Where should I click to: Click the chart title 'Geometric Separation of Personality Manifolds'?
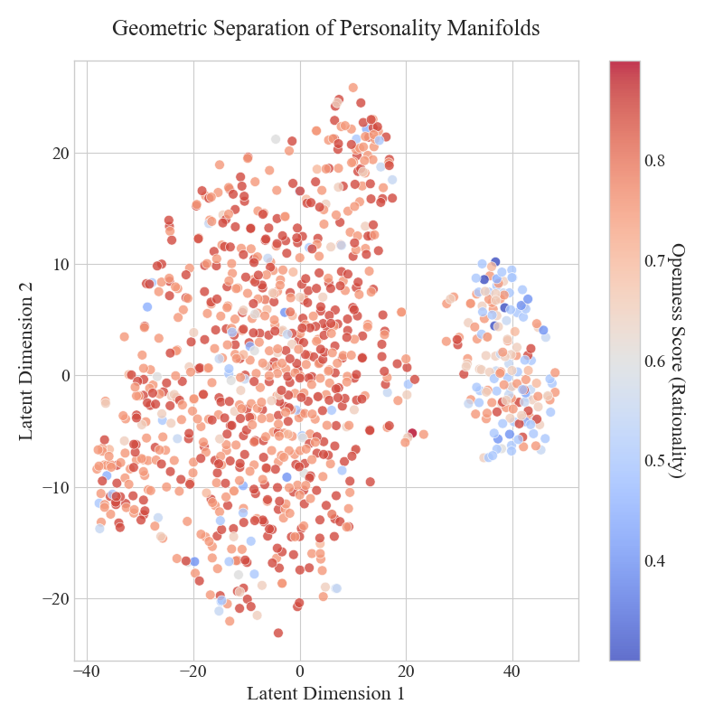pyautogui.click(x=325, y=28)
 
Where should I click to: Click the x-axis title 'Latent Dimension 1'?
pyautogui.click(x=325, y=693)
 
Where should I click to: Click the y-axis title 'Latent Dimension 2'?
pyautogui.click(x=26, y=361)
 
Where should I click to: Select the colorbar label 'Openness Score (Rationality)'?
pyautogui.click(x=677, y=361)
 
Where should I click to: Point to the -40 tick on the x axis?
pyautogui.click(x=87, y=671)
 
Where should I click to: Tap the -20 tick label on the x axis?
pyautogui.click(x=193, y=671)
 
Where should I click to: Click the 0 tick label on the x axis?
pyautogui.click(x=300, y=671)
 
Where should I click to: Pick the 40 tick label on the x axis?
pyautogui.click(x=512, y=671)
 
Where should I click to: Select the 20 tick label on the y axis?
pyautogui.click(x=61, y=153)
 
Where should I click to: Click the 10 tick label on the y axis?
pyautogui.click(x=61, y=265)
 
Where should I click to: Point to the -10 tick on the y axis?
pyautogui.click(x=57, y=487)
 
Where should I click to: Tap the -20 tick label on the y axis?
pyautogui.click(x=57, y=599)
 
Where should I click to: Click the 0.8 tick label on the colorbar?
pyautogui.click(x=654, y=161)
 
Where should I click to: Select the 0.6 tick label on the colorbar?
pyautogui.click(x=654, y=361)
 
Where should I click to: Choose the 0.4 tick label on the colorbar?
pyautogui.click(x=654, y=561)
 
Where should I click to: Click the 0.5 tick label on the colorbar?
pyautogui.click(x=654, y=461)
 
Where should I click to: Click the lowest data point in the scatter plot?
pyautogui.click(x=278, y=634)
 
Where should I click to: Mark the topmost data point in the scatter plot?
pyautogui.click(x=353, y=88)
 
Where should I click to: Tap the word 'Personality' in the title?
pyautogui.click(x=390, y=28)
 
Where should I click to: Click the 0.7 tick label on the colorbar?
pyautogui.click(x=654, y=260)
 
